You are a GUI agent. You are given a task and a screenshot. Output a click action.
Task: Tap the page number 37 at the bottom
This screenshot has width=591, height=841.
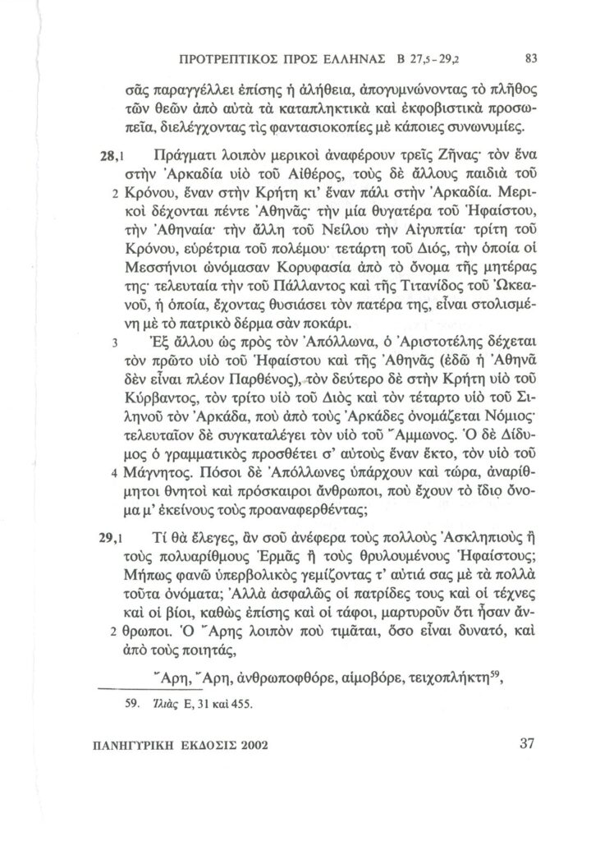pyautogui.click(x=527, y=744)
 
